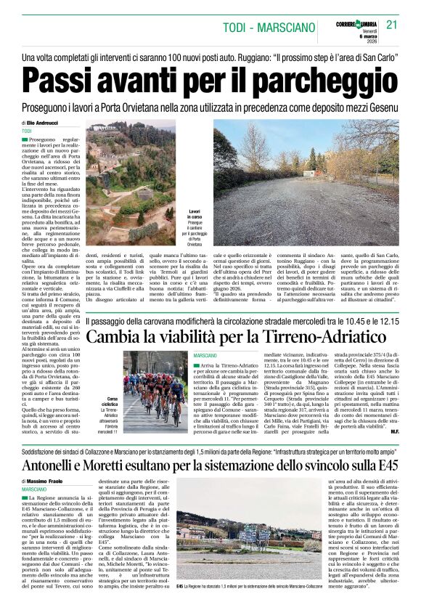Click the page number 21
click(x=393, y=25)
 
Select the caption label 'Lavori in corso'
click(x=199, y=214)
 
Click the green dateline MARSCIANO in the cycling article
click(x=207, y=354)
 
